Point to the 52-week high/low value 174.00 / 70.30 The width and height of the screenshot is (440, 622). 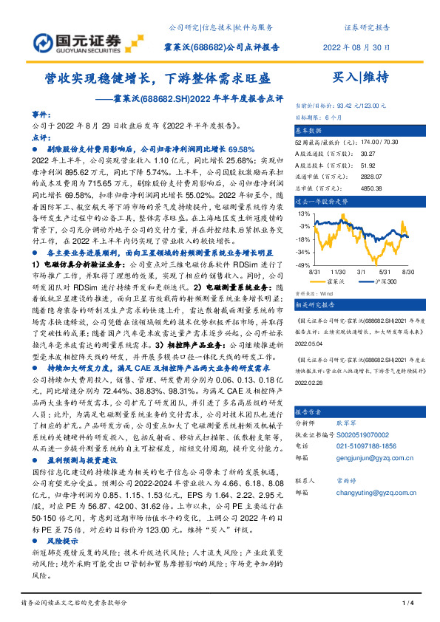point(362,140)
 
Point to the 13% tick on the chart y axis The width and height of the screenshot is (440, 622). point(304,214)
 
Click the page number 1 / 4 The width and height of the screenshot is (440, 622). point(407,604)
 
